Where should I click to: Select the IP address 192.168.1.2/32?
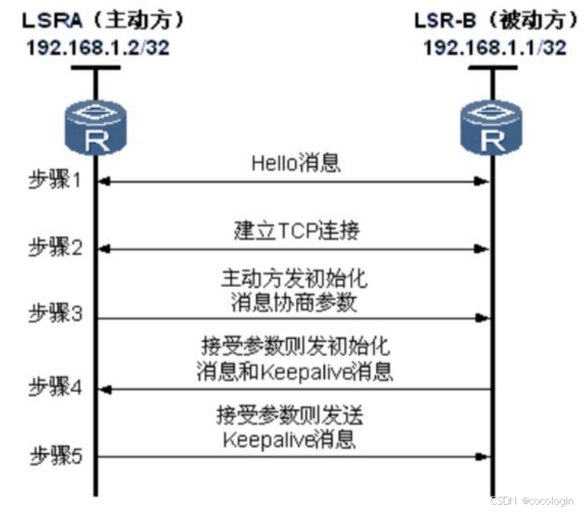[x=99, y=47]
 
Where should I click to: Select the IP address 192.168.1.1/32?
[x=495, y=47]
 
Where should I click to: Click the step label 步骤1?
[x=55, y=180]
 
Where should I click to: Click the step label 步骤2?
[x=55, y=248]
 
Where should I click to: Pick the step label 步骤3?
[x=55, y=316]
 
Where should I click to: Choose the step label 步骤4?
[x=55, y=387]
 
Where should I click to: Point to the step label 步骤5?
[x=55, y=456]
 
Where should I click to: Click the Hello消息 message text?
[x=296, y=162]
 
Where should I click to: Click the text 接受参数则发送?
[x=289, y=416]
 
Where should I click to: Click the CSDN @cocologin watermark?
[x=531, y=500]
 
